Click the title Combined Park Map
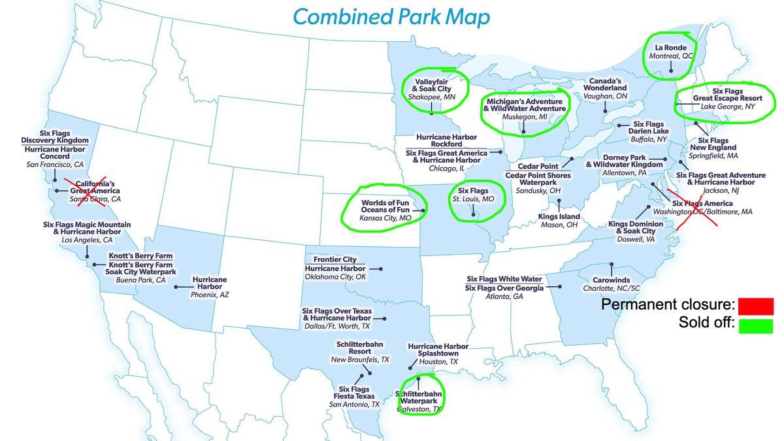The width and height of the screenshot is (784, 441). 391,18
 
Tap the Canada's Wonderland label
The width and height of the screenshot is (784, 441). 604,88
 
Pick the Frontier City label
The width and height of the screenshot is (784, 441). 335,259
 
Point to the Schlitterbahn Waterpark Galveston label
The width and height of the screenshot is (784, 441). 419,398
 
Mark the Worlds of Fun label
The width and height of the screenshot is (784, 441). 385,203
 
